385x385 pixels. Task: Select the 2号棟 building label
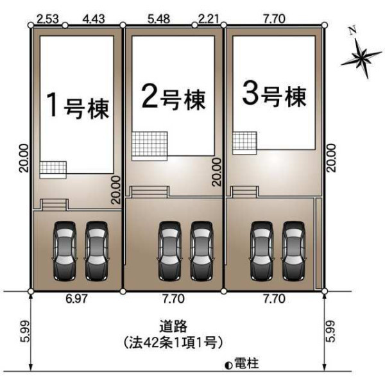point(173,98)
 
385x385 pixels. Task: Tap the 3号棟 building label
point(274,95)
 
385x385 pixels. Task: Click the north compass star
point(361,57)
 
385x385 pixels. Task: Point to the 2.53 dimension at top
point(48,19)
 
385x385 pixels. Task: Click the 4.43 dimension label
point(94,19)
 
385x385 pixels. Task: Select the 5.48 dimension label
point(159,19)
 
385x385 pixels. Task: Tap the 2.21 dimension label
point(208,19)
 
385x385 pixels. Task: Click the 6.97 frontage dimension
point(76,299)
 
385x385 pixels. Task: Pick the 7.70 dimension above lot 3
point(274,19)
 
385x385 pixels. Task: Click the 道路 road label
point(173,327)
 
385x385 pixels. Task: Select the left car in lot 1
point(65,251)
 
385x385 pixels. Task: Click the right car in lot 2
point(202,251)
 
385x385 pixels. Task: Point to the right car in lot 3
point(293,251)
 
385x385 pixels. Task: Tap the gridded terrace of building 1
point(53,169)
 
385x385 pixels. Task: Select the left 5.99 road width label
point(25,331)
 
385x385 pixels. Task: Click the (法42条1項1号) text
point(173,343)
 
